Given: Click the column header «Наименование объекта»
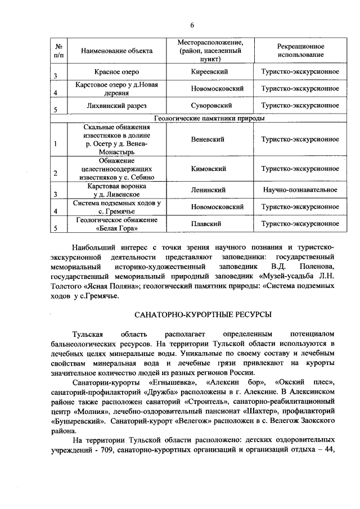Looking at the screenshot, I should pyautogui.click(x=116, y=51).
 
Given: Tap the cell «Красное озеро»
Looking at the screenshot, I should pyautogui.click(x=116, y=73).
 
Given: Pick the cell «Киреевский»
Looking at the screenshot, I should pyautogui.click(x=209, y=73).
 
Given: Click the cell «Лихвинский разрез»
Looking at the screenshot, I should pyautogui.click(x=116, y=105).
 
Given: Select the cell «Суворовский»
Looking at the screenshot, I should pyautogui.click(x=209, y=105).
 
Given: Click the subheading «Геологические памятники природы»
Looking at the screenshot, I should pyautogui.click(x=209, y=118).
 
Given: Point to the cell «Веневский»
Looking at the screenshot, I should pyautogui.click(x=209, y=139).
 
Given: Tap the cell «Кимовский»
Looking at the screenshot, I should pyautogui.click(x=209, y=168).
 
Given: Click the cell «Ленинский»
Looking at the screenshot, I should pyautogui.click(x=209, y=190).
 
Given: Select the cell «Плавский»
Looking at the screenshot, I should pyautogui.click(x=209, y=223).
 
